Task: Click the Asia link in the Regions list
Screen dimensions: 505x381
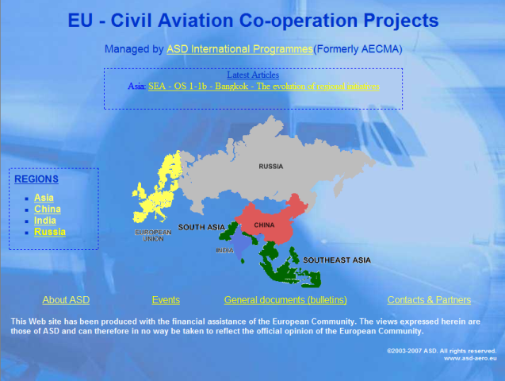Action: [44, 198]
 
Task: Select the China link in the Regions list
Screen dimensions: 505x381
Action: [48, 210]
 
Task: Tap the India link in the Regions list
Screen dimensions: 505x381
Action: [45, 221]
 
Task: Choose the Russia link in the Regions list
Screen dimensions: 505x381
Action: [50, 232]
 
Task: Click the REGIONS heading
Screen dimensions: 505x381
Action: [36, 179]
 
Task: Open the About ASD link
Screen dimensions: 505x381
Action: [66, 300]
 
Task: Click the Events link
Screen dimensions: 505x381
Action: [166, 300]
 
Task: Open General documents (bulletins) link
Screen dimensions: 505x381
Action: [285, 300]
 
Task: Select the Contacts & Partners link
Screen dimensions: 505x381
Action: [429, 300]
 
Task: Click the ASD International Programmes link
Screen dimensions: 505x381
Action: [239, 49]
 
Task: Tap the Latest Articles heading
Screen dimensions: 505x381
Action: [253, 75]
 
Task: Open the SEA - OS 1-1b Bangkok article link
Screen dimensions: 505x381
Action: [264, 87]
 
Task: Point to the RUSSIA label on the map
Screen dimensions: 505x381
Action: [271, 167]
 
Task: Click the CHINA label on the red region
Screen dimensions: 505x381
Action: [264, 225]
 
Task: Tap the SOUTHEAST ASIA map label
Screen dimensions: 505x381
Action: [337, 260]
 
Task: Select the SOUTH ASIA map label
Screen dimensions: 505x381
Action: [201, 227]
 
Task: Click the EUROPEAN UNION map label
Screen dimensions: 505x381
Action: [153, 236]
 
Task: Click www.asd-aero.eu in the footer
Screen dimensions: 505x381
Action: [470, 358]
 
